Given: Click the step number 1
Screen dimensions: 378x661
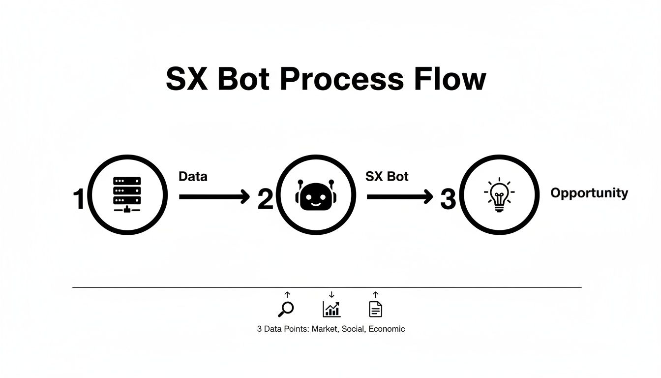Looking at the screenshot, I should [x=79, y=200].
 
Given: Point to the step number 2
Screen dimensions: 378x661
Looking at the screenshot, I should [x=265, y=200].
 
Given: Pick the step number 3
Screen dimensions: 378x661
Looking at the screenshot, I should [x=448, y=200].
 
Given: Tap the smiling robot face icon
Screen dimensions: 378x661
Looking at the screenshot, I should [x=315, y=195].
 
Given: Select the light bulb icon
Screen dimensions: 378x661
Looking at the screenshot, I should [x=499, y=195].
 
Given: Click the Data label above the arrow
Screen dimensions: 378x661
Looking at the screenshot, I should [x=193, y=176].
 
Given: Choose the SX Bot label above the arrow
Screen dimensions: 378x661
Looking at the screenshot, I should [x=387, y=176].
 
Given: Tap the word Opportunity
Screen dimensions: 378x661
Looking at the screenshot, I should [x=589, y=193].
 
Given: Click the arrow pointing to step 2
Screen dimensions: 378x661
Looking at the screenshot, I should [x=214, y=197].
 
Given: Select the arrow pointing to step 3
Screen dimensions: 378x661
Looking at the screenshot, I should [x=400, y=197].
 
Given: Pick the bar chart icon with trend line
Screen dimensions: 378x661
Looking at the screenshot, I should [x=331, y=309].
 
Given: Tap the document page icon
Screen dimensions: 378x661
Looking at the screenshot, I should [x=376, y=309].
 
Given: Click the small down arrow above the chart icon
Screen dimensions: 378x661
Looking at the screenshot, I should [x=331, y=295].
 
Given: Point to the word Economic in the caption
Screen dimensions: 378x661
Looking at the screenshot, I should [x=387, y=329].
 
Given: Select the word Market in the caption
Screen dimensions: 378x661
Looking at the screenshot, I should [x=325, y=329].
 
